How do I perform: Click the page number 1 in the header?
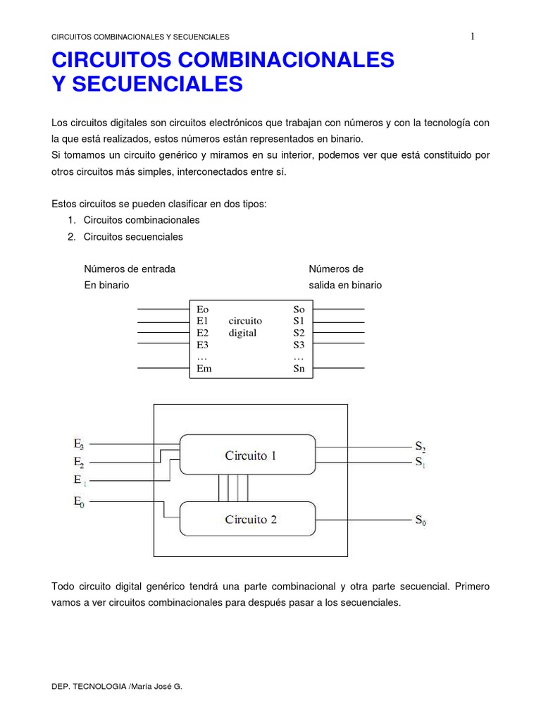coord(472,37)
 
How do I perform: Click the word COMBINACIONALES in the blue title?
coord(282,60)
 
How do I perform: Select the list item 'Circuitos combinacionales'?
coord(142,220)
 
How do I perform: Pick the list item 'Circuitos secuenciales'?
coord(133,237)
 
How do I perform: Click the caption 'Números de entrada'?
coord(130,269)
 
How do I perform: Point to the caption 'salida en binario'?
coord(345,286)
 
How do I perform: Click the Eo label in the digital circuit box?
coord(203,309)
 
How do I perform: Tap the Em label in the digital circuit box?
coord(204,369)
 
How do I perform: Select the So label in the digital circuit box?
coord(299,309)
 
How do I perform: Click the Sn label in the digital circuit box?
coord(299,369)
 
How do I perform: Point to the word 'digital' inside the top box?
coord(242,333)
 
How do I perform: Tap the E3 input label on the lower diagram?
coord(79,444)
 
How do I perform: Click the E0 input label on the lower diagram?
coord(79,502)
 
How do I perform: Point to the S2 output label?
coord(420,446)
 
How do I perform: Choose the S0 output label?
coord(420,521)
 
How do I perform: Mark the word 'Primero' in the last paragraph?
coord(472,586)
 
